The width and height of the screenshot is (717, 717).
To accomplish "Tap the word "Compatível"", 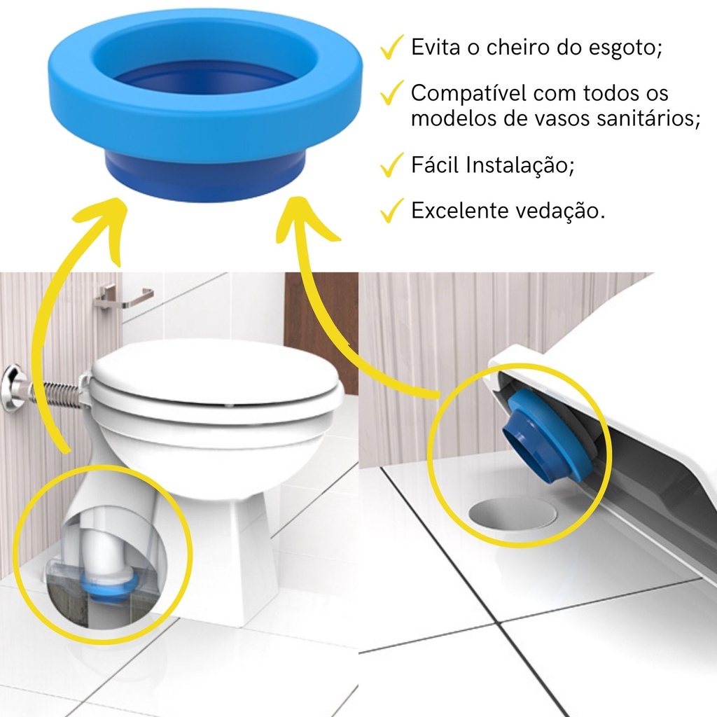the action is point(468,94).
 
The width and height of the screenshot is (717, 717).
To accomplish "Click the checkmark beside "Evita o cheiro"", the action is point(391,47).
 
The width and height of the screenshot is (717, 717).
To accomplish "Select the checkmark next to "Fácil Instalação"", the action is point(391,165).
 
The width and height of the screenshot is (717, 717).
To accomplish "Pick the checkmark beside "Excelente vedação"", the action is point(391,210).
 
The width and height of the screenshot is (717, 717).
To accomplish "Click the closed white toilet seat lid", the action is point(215,380).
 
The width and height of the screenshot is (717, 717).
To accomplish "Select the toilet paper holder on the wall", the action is point(123,296).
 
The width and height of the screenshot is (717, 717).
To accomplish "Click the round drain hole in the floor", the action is point(513,514).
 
